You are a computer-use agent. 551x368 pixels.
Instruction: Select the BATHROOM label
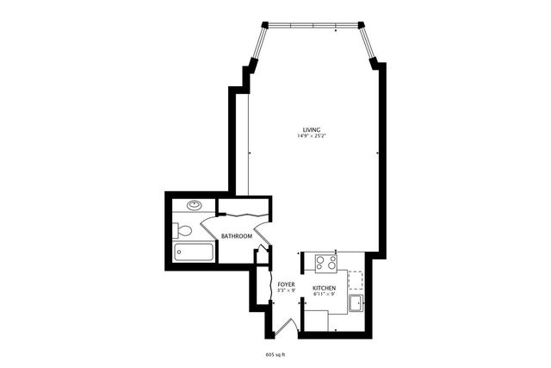(x=236, y=236)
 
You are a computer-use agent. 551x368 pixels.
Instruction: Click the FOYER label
(x=286, y=284)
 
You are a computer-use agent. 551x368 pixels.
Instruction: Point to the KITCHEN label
(x=324, y=288)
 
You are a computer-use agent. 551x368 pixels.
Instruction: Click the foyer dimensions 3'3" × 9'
(x=286, y=290)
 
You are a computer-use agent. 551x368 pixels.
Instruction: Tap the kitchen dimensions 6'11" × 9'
(x=324, y=295)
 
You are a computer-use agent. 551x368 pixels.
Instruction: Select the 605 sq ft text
(x=275, y=354)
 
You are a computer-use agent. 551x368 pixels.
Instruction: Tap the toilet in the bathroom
(x=183, y=230)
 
